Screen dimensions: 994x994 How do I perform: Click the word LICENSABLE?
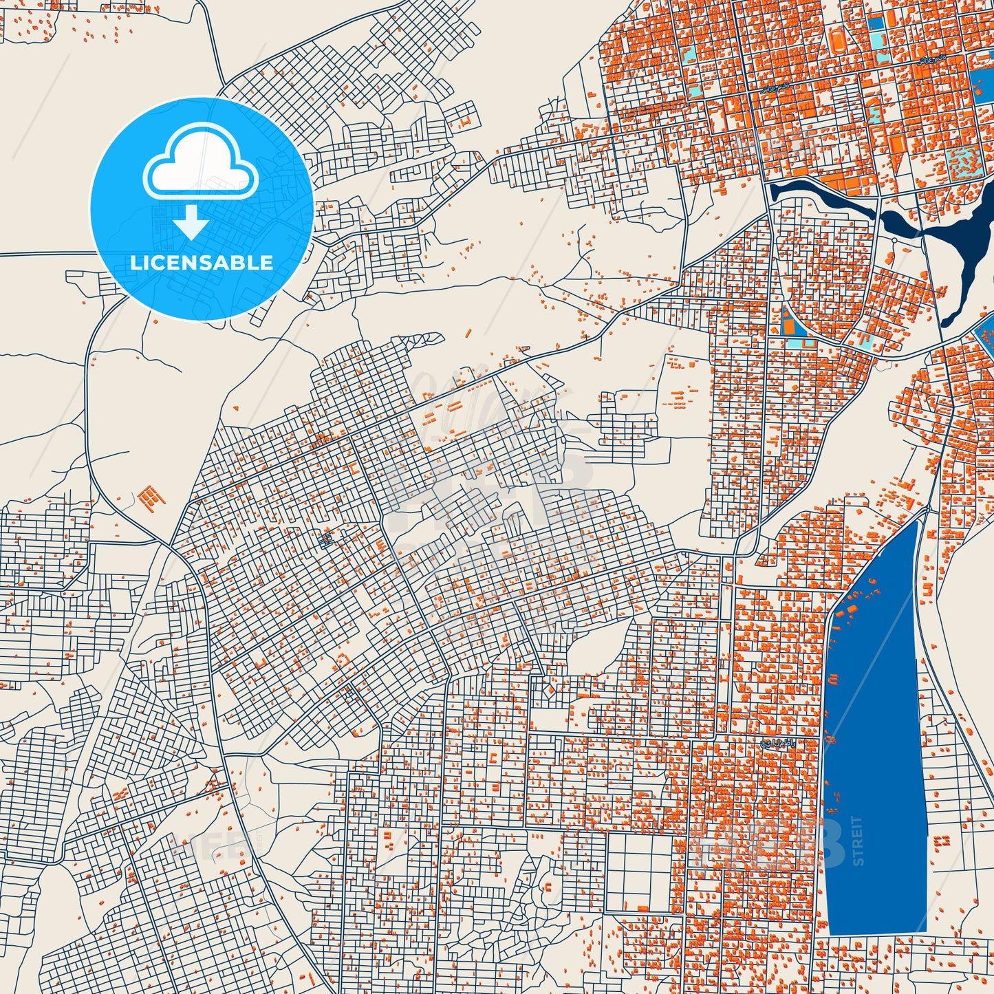[x=202, y=262]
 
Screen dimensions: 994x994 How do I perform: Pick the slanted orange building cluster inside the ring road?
[x=152, y=497]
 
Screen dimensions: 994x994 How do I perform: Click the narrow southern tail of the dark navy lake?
[x=948, y=317]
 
